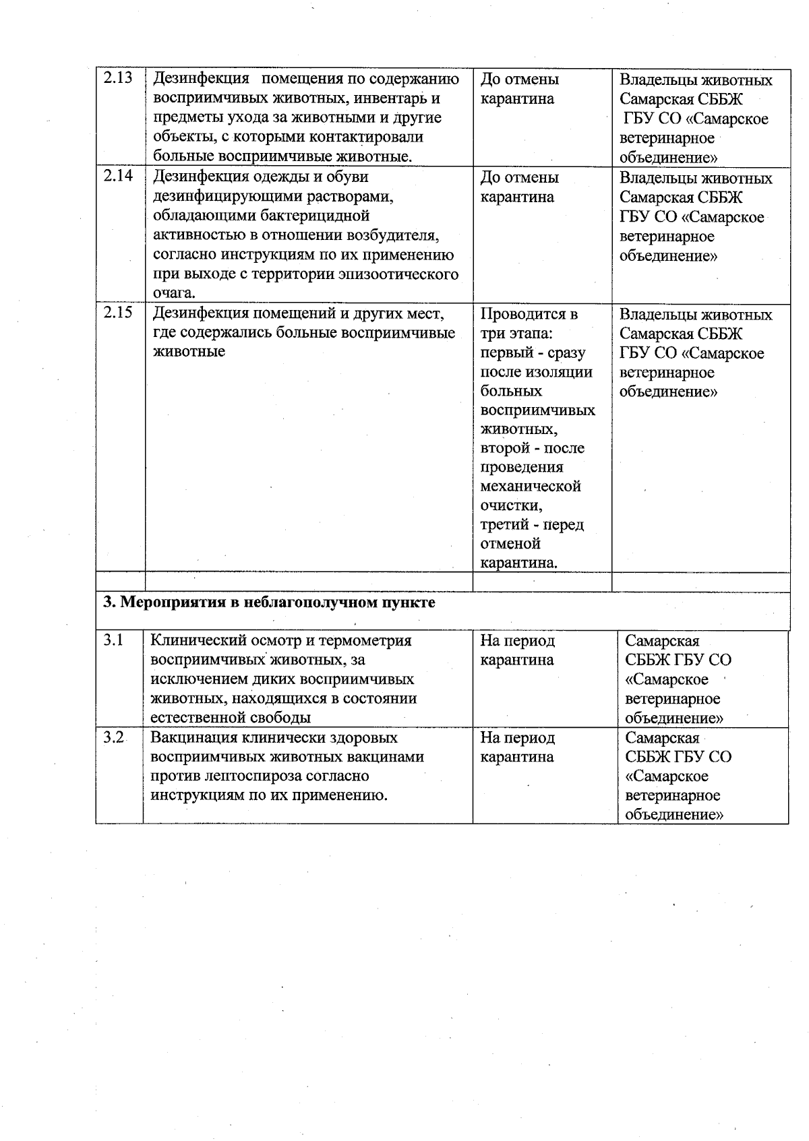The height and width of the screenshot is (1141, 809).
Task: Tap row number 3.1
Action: (x=113, y=640)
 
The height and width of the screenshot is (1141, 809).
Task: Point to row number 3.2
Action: (x=113, y=738)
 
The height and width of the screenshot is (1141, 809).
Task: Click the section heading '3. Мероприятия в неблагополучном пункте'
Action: (x=269, y=602)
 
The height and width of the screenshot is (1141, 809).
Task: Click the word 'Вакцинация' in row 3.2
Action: (x=193, y=738)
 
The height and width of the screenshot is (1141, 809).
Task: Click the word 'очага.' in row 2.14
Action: (x=175, y=293)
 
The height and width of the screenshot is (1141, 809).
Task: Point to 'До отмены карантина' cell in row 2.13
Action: (x=519, y=89)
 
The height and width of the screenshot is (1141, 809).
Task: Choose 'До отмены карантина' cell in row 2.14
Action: (x=519, y=187)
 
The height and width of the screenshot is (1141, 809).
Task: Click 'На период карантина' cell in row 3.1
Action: (x=517, y=650)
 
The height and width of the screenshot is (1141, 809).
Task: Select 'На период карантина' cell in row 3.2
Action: (x=517, y=747)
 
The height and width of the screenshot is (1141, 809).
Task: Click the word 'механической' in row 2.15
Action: (x=531, y=486)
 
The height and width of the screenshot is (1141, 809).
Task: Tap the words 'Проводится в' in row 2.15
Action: (x=529, y=314)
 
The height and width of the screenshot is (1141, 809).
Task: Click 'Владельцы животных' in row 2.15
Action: (x=696, y=315)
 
